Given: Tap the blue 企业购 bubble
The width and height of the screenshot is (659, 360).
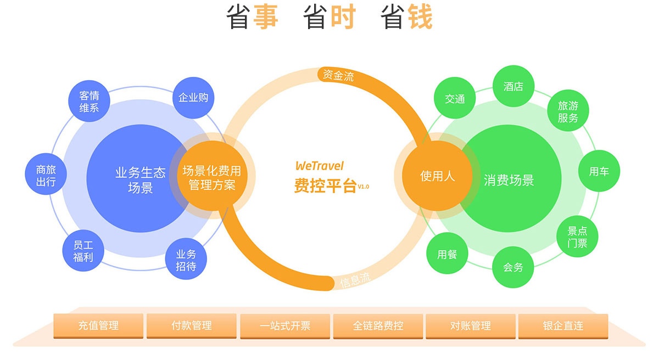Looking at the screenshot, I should click(193, 98).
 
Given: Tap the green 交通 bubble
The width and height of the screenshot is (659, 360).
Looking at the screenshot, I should click(455, 99).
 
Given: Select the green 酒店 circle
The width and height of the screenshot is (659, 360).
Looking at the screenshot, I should click(513, 86).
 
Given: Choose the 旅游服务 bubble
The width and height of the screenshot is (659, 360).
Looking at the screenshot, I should click(568, 111).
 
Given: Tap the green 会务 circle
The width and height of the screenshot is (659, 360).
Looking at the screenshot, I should click(513, 267).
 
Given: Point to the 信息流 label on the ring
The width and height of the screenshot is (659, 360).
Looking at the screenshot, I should click(355, 280).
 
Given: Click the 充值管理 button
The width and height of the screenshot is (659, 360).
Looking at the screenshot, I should click(98, 326).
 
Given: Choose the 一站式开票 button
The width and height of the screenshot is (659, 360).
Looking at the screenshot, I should click(285, 326).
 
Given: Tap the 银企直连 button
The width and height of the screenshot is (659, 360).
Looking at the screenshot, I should click(563, 326).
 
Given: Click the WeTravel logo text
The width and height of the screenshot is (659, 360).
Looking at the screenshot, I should click(319, 165).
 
